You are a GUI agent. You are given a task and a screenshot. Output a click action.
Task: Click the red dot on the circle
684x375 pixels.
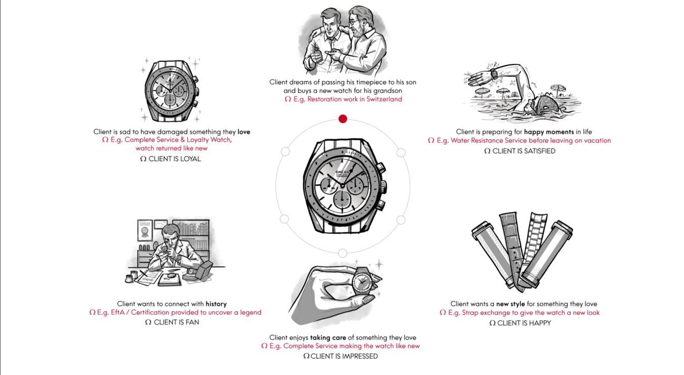(343, 119)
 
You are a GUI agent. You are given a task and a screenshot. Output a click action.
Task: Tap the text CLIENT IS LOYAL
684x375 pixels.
(175, 159)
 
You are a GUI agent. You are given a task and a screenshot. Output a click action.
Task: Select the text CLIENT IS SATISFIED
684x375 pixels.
(524, 151)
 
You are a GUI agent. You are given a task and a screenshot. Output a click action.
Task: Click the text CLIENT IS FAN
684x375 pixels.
(176, 322)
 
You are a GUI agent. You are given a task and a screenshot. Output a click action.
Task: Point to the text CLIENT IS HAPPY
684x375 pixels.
(524, 323)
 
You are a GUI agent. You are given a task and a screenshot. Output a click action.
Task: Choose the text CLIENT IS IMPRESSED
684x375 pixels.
(344, 356)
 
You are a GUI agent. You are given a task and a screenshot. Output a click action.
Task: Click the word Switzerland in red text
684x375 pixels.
(384, 99)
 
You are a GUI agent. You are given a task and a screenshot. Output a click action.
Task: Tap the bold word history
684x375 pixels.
(216, 304)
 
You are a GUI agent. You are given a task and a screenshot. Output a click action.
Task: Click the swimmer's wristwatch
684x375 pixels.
(494, 74)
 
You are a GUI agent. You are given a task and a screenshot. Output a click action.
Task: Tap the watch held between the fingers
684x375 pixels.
(362, 282)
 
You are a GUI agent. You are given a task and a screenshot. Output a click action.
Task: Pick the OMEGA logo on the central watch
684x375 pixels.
(342, 173)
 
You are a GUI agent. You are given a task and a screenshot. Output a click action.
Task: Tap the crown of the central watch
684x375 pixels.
(383, 185)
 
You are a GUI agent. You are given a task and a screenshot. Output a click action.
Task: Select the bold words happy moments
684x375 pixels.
(549, 132)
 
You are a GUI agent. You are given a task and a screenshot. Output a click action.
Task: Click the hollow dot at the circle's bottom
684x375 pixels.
(343, 253)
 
